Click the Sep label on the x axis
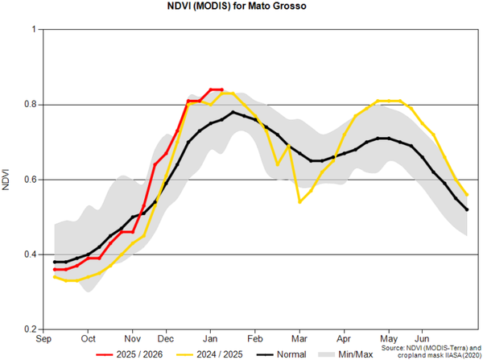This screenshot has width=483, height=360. point(45,339)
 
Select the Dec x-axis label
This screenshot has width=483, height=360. point(167,339)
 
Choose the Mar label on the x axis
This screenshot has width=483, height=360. point(299,339)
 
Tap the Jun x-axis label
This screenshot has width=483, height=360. point(421,339)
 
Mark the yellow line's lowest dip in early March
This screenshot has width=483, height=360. point(299,201)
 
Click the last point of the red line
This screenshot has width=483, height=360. point(221,90)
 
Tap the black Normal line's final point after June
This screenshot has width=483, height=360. point(467,209)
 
